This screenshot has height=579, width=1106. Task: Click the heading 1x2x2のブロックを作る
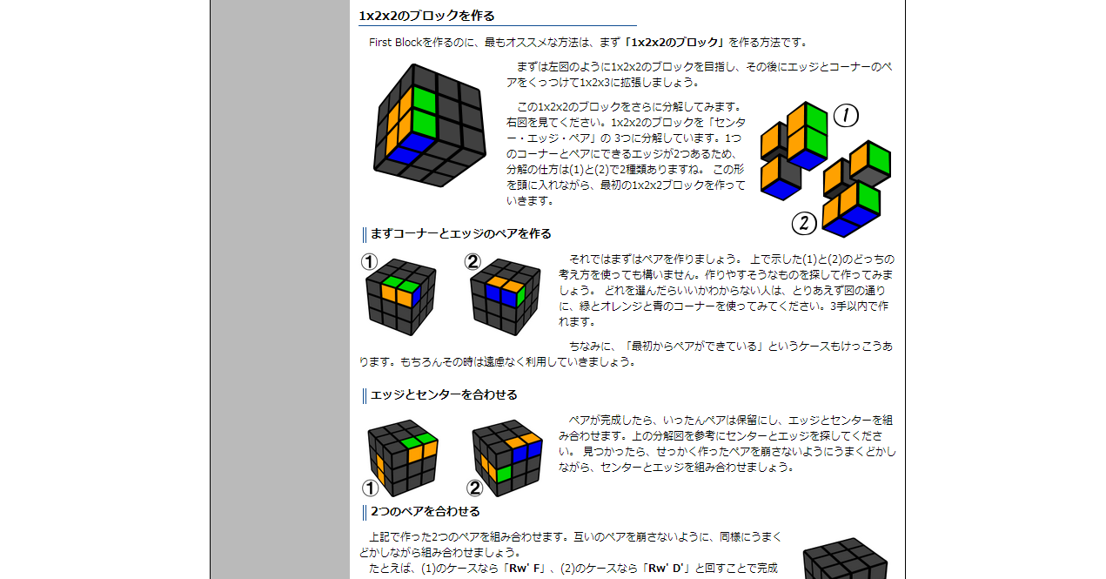(x=426, y=16)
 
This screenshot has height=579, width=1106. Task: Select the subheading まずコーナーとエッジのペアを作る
(x=460, y=233)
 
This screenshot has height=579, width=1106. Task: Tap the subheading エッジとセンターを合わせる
(x=444, y=394)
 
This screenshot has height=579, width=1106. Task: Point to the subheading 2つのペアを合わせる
(x=426, y=511)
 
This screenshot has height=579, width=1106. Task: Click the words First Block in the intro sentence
(x=395, y=43)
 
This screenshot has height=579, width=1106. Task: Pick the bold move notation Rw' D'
(x=666, y=569)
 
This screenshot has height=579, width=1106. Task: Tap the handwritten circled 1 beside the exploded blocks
(x=846, y=116)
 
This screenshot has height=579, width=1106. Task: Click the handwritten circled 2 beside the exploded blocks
(x=804, y=223)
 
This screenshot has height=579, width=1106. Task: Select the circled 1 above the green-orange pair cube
(x=369, y=262)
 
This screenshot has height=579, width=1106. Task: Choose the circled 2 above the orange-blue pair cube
(x=473, y=262)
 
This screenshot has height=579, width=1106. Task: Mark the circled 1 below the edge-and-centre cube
(x=371, y=488)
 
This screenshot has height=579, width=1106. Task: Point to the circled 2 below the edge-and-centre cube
(x=474, y=488)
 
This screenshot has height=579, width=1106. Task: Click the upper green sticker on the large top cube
(x=424, y=99)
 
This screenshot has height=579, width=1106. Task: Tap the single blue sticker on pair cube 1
(x=416, y=295)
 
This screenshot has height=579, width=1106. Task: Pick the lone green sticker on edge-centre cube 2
(x=504, y=475)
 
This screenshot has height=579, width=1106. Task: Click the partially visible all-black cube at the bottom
(x=845, y=559)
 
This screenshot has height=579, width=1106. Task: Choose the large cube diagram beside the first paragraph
(x=429, y=125)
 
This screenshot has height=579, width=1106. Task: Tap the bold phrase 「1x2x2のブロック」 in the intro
(x=674, y=43)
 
